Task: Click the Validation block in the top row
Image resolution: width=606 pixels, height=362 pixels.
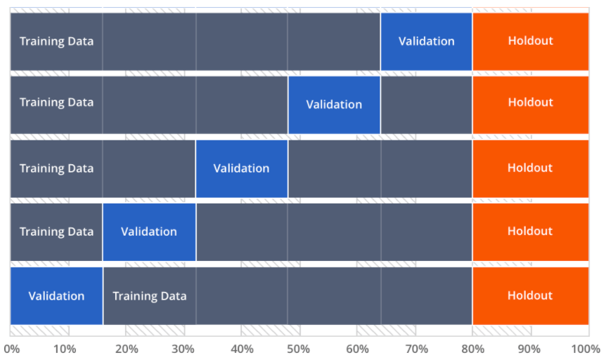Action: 426,41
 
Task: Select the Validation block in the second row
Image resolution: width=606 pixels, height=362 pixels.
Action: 334,105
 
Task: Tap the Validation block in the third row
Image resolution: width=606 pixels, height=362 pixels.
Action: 241,168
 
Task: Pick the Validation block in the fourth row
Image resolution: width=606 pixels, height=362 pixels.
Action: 149,232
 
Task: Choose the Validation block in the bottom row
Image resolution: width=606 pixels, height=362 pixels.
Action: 56,296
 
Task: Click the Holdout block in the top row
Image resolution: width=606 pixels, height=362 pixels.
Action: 530,41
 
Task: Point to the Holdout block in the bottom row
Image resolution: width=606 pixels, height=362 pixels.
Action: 530,296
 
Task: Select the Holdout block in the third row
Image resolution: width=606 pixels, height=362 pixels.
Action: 530,168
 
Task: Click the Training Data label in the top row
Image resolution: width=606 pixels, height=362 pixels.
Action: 56,41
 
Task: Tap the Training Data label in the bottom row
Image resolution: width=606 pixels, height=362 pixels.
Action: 150,296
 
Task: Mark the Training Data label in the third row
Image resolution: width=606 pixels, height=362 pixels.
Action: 56,168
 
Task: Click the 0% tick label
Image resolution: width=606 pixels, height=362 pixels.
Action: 11,349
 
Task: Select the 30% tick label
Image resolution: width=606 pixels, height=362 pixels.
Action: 183,349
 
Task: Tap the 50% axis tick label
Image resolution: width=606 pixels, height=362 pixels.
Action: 300,349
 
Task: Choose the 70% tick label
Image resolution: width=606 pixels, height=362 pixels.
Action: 416,349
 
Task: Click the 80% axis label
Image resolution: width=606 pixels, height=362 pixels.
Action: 473,349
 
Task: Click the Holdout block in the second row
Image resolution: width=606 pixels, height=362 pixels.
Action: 530,102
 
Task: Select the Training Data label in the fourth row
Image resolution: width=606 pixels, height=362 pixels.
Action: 56,232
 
